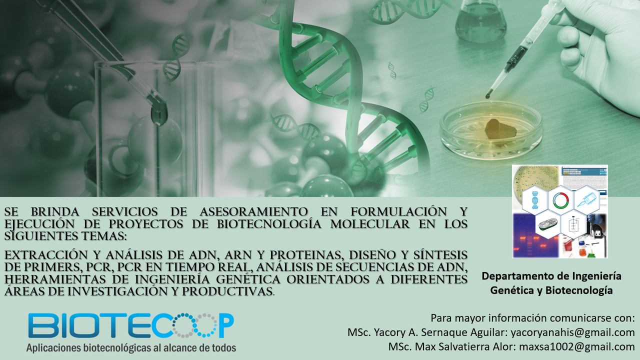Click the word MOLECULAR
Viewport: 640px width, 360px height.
point(370,224)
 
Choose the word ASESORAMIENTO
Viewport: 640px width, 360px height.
point(253,211)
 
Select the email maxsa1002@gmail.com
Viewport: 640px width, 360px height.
point(577,346)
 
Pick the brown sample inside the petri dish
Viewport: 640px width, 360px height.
point(500,129)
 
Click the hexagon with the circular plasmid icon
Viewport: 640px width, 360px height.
point(561,200)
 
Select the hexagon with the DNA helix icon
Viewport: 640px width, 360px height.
point(535,200)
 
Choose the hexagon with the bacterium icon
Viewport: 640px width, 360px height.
point(548,224)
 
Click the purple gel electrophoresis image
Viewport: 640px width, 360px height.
point(535,236)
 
